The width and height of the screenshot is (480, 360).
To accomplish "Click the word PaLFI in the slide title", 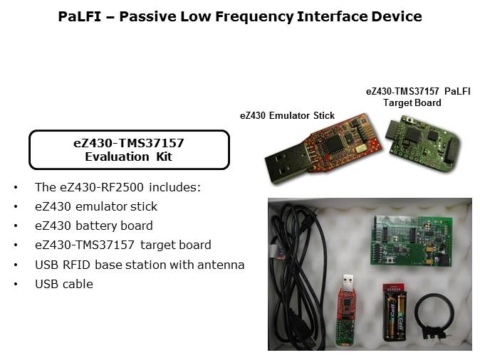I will [x=78, y=16].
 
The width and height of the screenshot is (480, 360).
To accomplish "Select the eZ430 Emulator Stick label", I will [x=286, y=116].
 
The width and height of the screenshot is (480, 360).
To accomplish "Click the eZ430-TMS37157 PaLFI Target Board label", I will [x=417, y=97].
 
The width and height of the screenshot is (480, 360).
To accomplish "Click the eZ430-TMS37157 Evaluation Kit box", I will [x=129, y=149].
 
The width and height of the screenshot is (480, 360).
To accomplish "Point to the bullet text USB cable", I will [x=64, y=284].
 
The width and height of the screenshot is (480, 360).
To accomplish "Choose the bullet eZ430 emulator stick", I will [x=96, y=206].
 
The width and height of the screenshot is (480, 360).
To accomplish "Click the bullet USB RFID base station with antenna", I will [x=140, y=265].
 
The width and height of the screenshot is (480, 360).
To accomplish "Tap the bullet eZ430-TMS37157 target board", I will [x=122, y=245].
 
